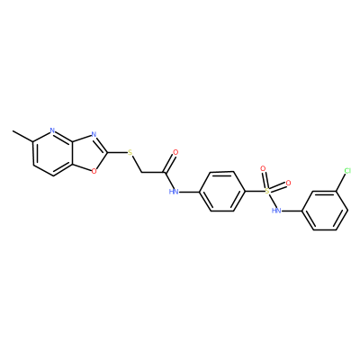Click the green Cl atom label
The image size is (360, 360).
click(x=347, y=171)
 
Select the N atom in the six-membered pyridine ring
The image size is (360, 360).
click(x=53, y=130)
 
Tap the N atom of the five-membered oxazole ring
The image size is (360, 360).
click(x=94, y=134)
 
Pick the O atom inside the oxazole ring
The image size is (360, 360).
click(x=94, y=171)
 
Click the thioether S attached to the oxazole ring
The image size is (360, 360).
click(x=130, y=152)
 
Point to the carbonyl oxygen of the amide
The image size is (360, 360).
click(x=175, y=152)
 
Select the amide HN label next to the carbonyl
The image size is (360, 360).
click(x=174, y=192)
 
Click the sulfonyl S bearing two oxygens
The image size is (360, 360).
click(x=267, y=192)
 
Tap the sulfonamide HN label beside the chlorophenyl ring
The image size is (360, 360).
click(x=276, y=211)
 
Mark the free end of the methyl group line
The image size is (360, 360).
click(x=13, y=131)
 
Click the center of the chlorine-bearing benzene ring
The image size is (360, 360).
click(x=325, y=211)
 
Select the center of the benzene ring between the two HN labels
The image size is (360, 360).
click(x=222, y=192)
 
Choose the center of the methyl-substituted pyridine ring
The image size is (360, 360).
click(x=53, y=153)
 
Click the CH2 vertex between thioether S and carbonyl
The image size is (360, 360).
click(x=141, y=173)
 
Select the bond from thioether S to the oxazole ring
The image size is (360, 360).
click(x=118, y=152)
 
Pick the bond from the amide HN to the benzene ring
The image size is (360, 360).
click(x=189, y=192)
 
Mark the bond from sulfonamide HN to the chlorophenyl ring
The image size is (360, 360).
click(x=292, y=211)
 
